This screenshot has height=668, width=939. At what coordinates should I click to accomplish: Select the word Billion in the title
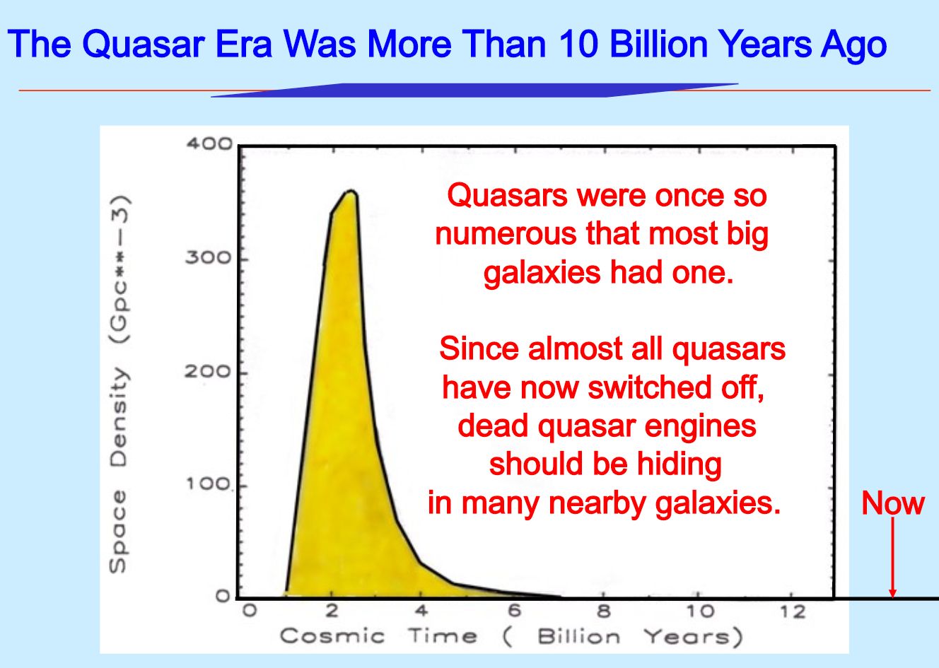coord(658,44)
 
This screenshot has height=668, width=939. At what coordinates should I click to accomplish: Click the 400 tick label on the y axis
coord(209,144)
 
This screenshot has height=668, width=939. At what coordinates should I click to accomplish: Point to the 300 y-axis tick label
coord(209,257)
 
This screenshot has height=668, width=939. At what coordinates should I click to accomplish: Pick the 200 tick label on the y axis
coord(208,371)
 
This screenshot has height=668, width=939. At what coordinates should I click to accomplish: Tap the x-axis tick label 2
coord(332,611)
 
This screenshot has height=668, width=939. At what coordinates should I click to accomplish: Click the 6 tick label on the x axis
coord(514,611)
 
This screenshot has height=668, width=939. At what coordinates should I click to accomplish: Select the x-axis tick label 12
coord(792,612)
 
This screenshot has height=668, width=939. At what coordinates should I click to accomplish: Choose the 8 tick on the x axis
coord(604,611)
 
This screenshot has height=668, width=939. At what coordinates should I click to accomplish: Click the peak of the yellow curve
coord(351,192)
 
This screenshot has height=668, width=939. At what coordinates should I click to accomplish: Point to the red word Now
coord(893,503)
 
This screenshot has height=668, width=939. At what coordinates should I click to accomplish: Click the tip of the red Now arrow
coord(893,597)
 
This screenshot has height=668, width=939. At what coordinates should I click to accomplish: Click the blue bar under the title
coord(474,90)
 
